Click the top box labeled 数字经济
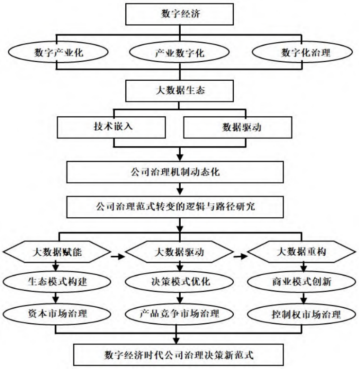[x=180, y=14]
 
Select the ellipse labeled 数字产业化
[x=58, y=53]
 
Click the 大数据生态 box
[x=180, y=89]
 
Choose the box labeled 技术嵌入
[x=113, y=127]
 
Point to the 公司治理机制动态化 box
[x=180, y=172]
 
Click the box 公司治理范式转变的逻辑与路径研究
[x=180, y=206]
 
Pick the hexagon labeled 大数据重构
[x=301, y=252]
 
